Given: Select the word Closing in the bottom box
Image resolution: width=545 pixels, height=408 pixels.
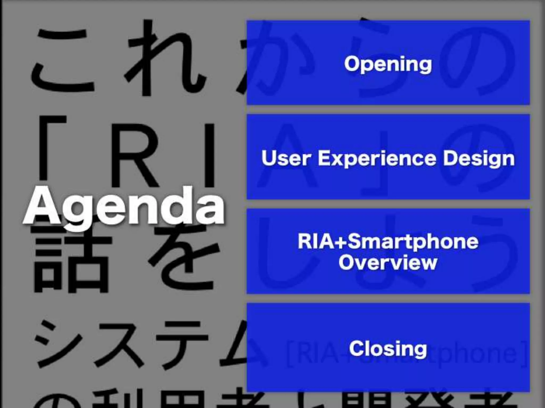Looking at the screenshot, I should (x=388, y=348).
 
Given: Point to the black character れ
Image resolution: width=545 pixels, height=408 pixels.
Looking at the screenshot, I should (x=165, y=58).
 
